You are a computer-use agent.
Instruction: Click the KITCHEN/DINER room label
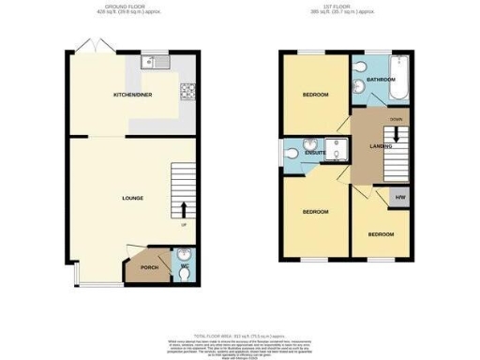pos(132,95)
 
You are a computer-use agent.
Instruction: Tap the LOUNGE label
pos(132,198)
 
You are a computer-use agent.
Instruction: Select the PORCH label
pos(147,268)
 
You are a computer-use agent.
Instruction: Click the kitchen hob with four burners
pos(186,92)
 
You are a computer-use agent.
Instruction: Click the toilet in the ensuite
pos(293,152)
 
